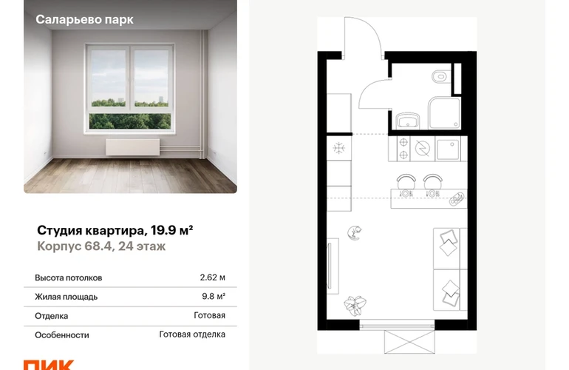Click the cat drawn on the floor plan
[354, 232]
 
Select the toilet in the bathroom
[440, 76]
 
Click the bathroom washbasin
[407, 120]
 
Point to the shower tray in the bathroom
[445, 112]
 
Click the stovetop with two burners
[403, 148]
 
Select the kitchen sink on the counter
[448, 149]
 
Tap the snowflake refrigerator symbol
[338, 148]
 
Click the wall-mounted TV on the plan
[329, 266]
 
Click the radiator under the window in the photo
[133, 147]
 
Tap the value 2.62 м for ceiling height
[213, 277]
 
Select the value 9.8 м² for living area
[214, 296]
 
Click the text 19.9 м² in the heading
[171, 230]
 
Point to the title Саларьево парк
[84, 19]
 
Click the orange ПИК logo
[49, 365]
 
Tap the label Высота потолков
[69, 277]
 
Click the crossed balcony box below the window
[409, 342]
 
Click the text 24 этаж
[142, 246]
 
